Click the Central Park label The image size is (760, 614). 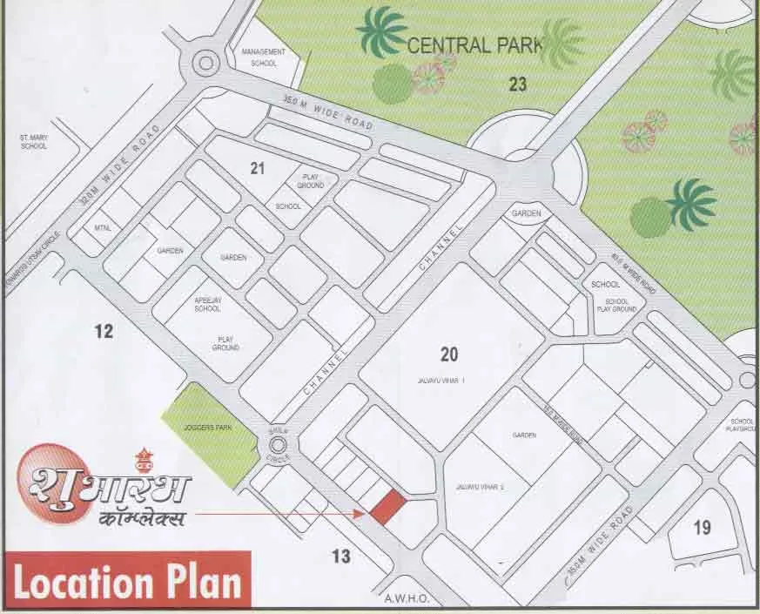tap(475, 45)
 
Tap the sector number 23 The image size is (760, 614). tap(518, 84)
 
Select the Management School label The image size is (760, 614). tap(262, 57)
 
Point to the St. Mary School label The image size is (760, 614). tap(34, 141)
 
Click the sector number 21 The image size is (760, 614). tap(257, 168)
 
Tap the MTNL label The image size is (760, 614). tap(101, 228)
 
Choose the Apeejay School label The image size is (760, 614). tap(207, 304)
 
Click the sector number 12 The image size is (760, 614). tap(104, 331)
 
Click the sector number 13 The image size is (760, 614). tap(341, 556)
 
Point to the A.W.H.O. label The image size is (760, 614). tap(403, 599)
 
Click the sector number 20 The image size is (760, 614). tap(449, 354)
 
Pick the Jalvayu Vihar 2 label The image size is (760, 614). tap(480, 487)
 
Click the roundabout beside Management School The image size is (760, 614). tap(205, 62)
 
